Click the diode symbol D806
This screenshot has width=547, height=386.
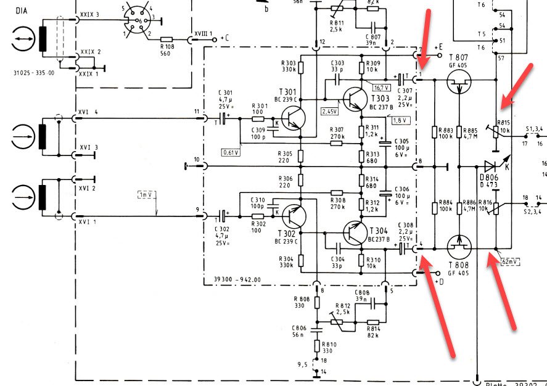click(490, 166)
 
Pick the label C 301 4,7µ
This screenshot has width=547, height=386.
click(224, 99)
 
